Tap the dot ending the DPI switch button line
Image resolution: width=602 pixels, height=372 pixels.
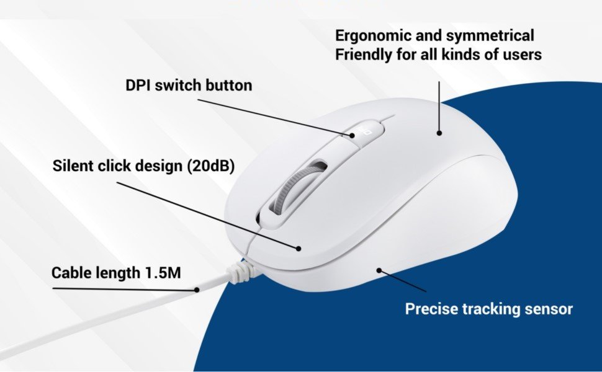(352, 135)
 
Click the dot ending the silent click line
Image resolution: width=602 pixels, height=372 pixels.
(299, 249)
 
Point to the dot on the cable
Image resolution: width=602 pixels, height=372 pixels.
(197, 290)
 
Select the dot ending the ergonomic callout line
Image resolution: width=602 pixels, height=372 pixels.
(439, 133)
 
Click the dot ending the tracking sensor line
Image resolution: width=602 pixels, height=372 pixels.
(379, 271)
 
